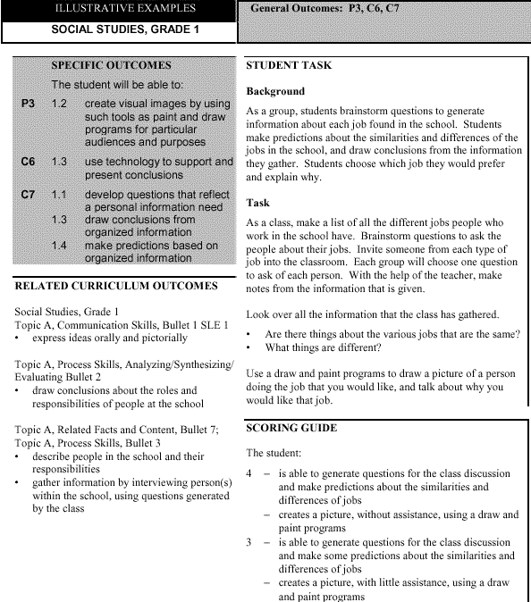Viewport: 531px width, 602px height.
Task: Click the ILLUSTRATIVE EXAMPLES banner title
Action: pos(118,10)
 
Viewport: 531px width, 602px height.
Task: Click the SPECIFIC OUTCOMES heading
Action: pos(111,66)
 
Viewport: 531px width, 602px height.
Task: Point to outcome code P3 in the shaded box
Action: pos(29,105)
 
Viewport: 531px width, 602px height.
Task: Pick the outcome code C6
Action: pos(29,162)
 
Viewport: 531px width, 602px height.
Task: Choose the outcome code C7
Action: pos(29,194)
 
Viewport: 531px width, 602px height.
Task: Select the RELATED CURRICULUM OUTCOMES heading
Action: pos(116,286)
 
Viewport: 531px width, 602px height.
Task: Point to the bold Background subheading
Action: pos(275,91)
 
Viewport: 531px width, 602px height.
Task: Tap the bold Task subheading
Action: pos(258,203)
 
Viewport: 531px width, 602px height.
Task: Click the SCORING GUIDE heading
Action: pos(291,429)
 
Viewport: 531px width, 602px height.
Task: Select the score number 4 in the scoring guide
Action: pos(249,473)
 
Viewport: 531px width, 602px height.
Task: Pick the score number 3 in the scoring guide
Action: pos(249,541)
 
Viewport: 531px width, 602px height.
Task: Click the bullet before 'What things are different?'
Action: pos(249,347)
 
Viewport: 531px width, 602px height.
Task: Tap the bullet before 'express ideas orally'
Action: pos(19,339)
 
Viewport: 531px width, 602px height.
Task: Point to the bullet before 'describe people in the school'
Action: pos(19,456)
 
